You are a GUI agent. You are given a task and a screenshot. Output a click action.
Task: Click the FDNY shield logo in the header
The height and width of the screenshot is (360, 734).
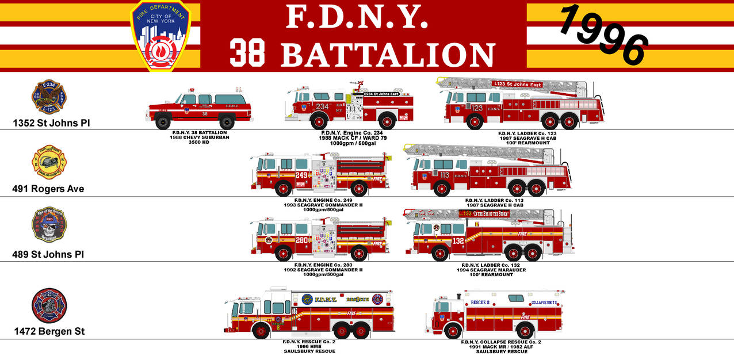(160, 36)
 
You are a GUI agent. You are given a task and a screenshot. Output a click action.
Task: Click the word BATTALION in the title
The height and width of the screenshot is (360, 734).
(388, 55)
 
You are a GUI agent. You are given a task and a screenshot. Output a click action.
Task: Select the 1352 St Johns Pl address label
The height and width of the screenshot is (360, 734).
(51, 123)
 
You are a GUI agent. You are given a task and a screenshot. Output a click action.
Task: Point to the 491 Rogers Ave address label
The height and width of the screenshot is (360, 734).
(48, 189)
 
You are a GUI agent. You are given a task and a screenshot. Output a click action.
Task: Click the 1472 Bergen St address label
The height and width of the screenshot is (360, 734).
(49, 331)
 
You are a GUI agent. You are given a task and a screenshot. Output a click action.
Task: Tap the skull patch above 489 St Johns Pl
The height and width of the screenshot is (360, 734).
(49, 225)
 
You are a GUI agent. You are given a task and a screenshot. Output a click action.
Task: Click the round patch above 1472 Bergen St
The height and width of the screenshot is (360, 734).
(49, 306)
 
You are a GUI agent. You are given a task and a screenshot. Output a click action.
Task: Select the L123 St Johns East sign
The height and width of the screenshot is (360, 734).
(517, 85)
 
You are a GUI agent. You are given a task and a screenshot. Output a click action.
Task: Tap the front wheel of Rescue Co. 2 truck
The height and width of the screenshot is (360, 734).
(262, 331)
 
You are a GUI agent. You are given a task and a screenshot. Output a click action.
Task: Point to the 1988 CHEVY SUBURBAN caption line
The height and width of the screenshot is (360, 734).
(200, 137)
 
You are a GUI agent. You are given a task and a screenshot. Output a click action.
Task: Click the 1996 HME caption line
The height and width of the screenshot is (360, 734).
(309, 346)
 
